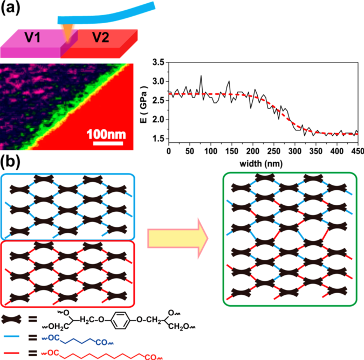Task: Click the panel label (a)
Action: pyautogui.click(x=11, y=9)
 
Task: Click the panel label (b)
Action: pyautogui.click(x=11, y=161)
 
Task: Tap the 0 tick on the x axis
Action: pyautogui.click(x=169, y=151)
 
